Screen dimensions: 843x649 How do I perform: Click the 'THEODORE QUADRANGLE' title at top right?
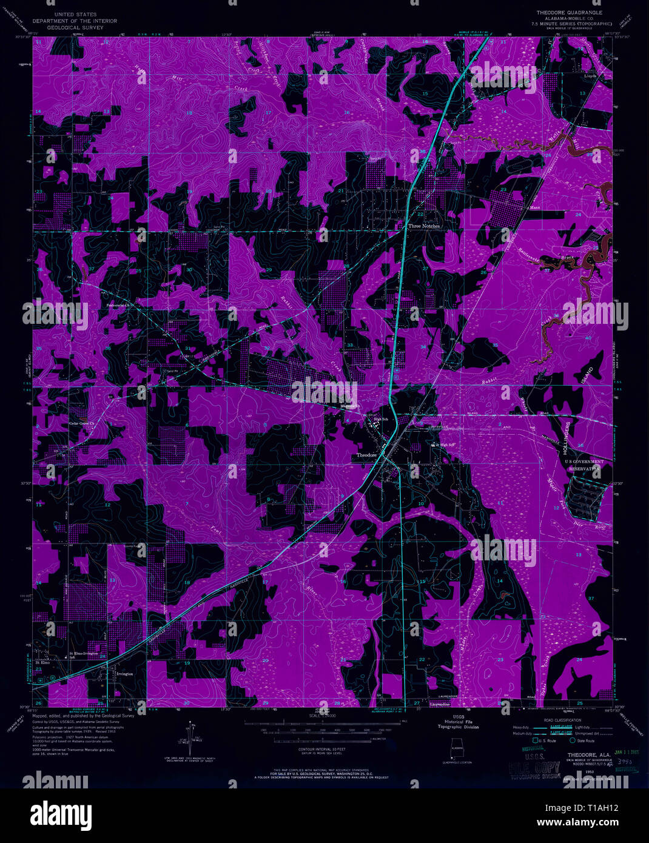(569, 12)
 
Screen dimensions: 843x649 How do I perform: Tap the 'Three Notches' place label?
(423, 226)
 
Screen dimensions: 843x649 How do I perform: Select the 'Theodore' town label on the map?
(366, 455)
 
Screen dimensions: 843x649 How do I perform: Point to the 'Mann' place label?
(534, 207)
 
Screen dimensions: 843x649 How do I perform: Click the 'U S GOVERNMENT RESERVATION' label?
(583, 465)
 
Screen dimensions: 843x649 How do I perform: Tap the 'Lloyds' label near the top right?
(590, 76)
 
